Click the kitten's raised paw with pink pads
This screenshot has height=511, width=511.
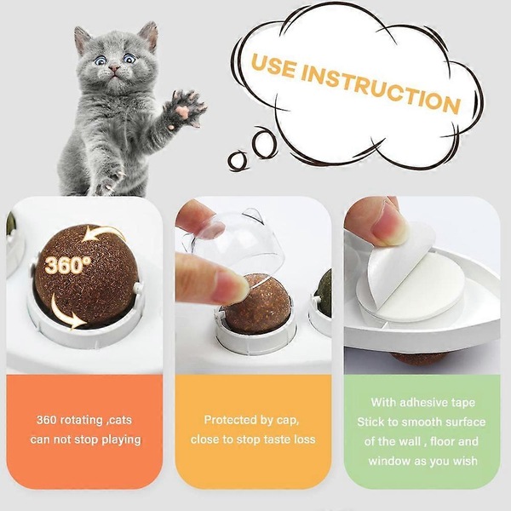[x=187, y=109]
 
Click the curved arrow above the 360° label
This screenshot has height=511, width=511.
[x=106, y=235]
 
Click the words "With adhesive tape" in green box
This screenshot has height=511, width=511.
[x=422, y=402]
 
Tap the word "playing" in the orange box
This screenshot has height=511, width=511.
[x=119, y=439]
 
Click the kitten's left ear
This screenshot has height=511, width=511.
[x=83, y=39]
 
